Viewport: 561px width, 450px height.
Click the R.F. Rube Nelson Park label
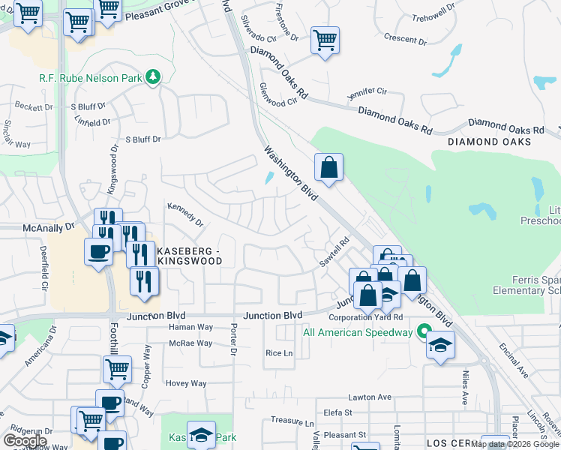point(91,77)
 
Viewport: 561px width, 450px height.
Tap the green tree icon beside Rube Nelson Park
point(153,76)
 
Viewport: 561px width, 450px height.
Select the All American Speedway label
point(357,332)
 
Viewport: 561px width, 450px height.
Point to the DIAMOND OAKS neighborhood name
point(489,142)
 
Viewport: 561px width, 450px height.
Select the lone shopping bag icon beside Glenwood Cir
point(328,167)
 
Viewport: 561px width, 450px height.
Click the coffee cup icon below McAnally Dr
point(98,251)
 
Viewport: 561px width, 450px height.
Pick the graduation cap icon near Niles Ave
point(441,345)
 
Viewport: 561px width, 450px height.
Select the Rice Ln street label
point(278,353)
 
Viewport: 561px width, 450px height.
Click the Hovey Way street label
point(186,383)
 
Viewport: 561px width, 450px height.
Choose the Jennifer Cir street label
point(366,94)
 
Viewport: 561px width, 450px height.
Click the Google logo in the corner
point(25,440)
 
